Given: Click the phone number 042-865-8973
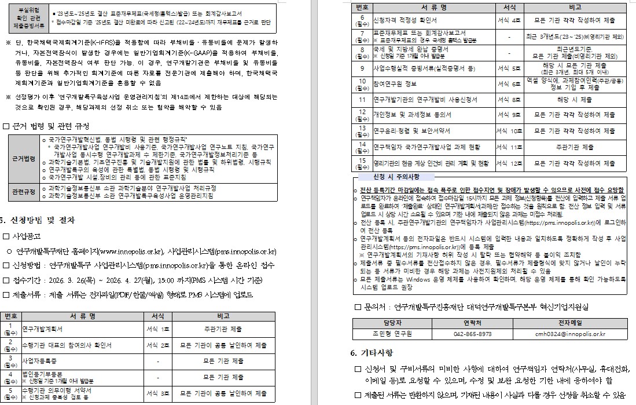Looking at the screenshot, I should click(x=472, y=334).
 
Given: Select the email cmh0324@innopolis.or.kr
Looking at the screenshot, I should click(x=570, y=334).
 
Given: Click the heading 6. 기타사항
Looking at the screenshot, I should click(x=371, y=353).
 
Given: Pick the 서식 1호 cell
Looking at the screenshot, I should click(x=158, y=329).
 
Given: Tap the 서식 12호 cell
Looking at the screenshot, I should click(x=509, y=163).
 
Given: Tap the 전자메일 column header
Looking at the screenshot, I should click(x=570, y=323).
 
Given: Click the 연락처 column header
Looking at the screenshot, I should click(x=472, y=323).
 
